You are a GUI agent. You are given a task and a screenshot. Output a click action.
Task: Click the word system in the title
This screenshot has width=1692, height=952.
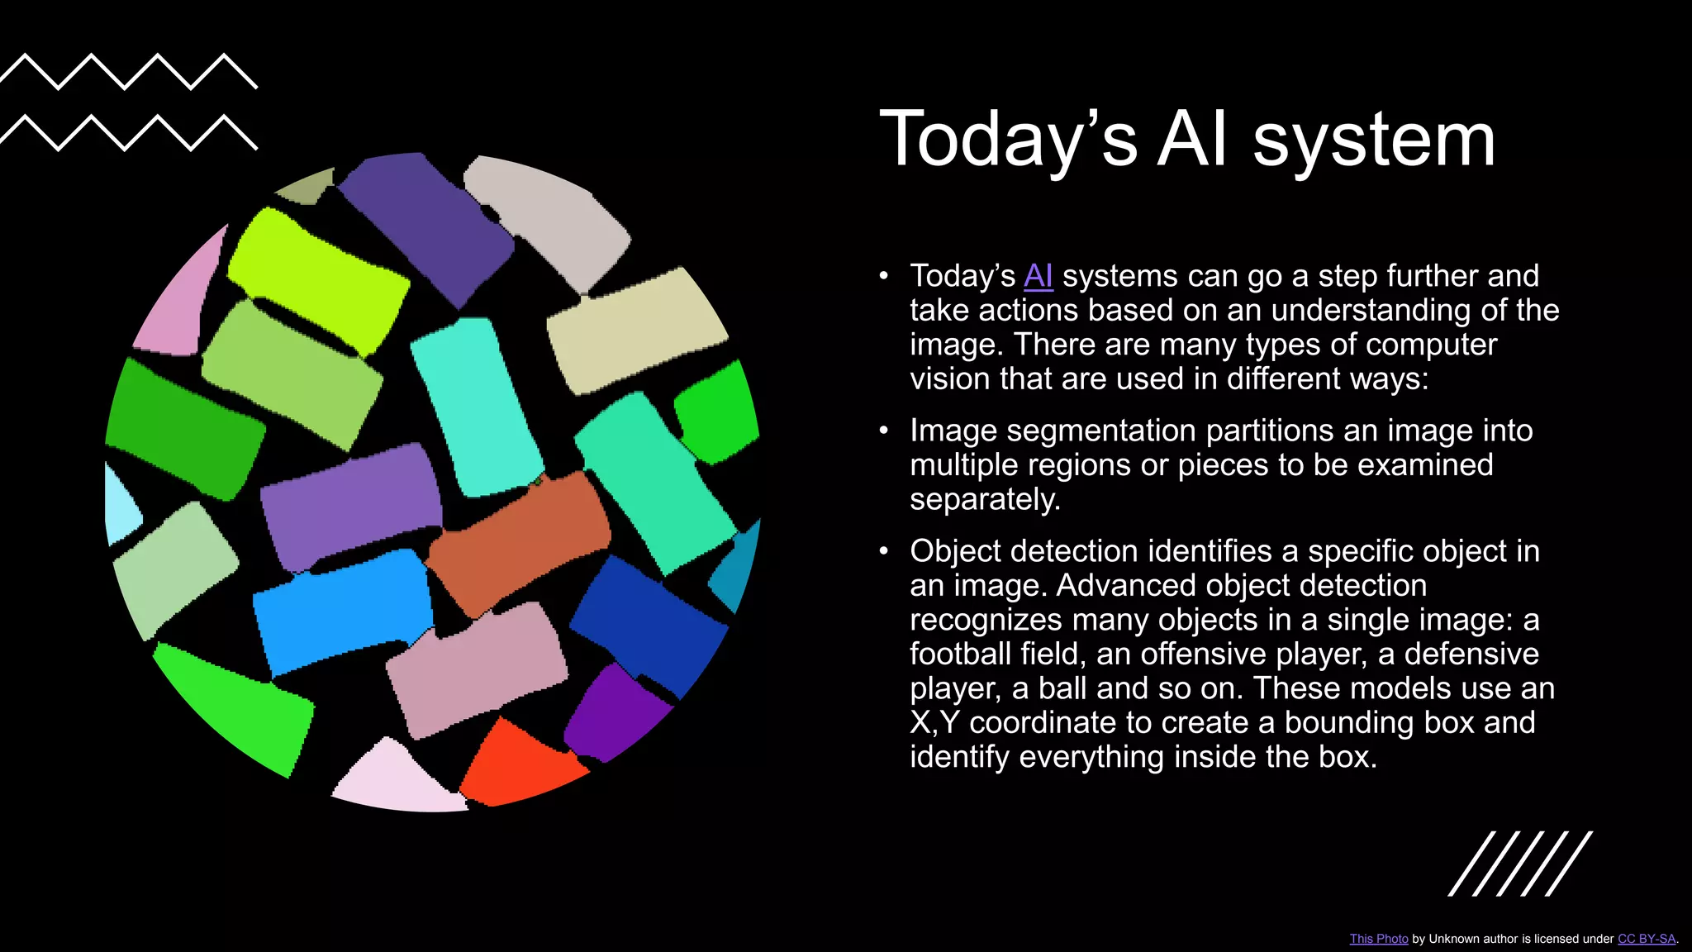tap(1374, 140)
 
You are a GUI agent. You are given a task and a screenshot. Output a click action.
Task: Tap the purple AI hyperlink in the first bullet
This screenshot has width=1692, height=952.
tap(1038, 276)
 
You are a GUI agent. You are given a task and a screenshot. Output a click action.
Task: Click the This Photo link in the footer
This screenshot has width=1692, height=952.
tap(1378, 939)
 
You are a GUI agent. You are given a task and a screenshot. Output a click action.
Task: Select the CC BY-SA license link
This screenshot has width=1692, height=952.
tap(1646, 939)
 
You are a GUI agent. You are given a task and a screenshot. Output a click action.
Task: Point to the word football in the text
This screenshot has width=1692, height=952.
tap(960, 654)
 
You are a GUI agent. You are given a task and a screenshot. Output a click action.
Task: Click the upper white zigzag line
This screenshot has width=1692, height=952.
tap(128, 71)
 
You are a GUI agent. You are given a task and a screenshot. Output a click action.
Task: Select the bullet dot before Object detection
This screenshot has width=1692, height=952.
tap(884, 551)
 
